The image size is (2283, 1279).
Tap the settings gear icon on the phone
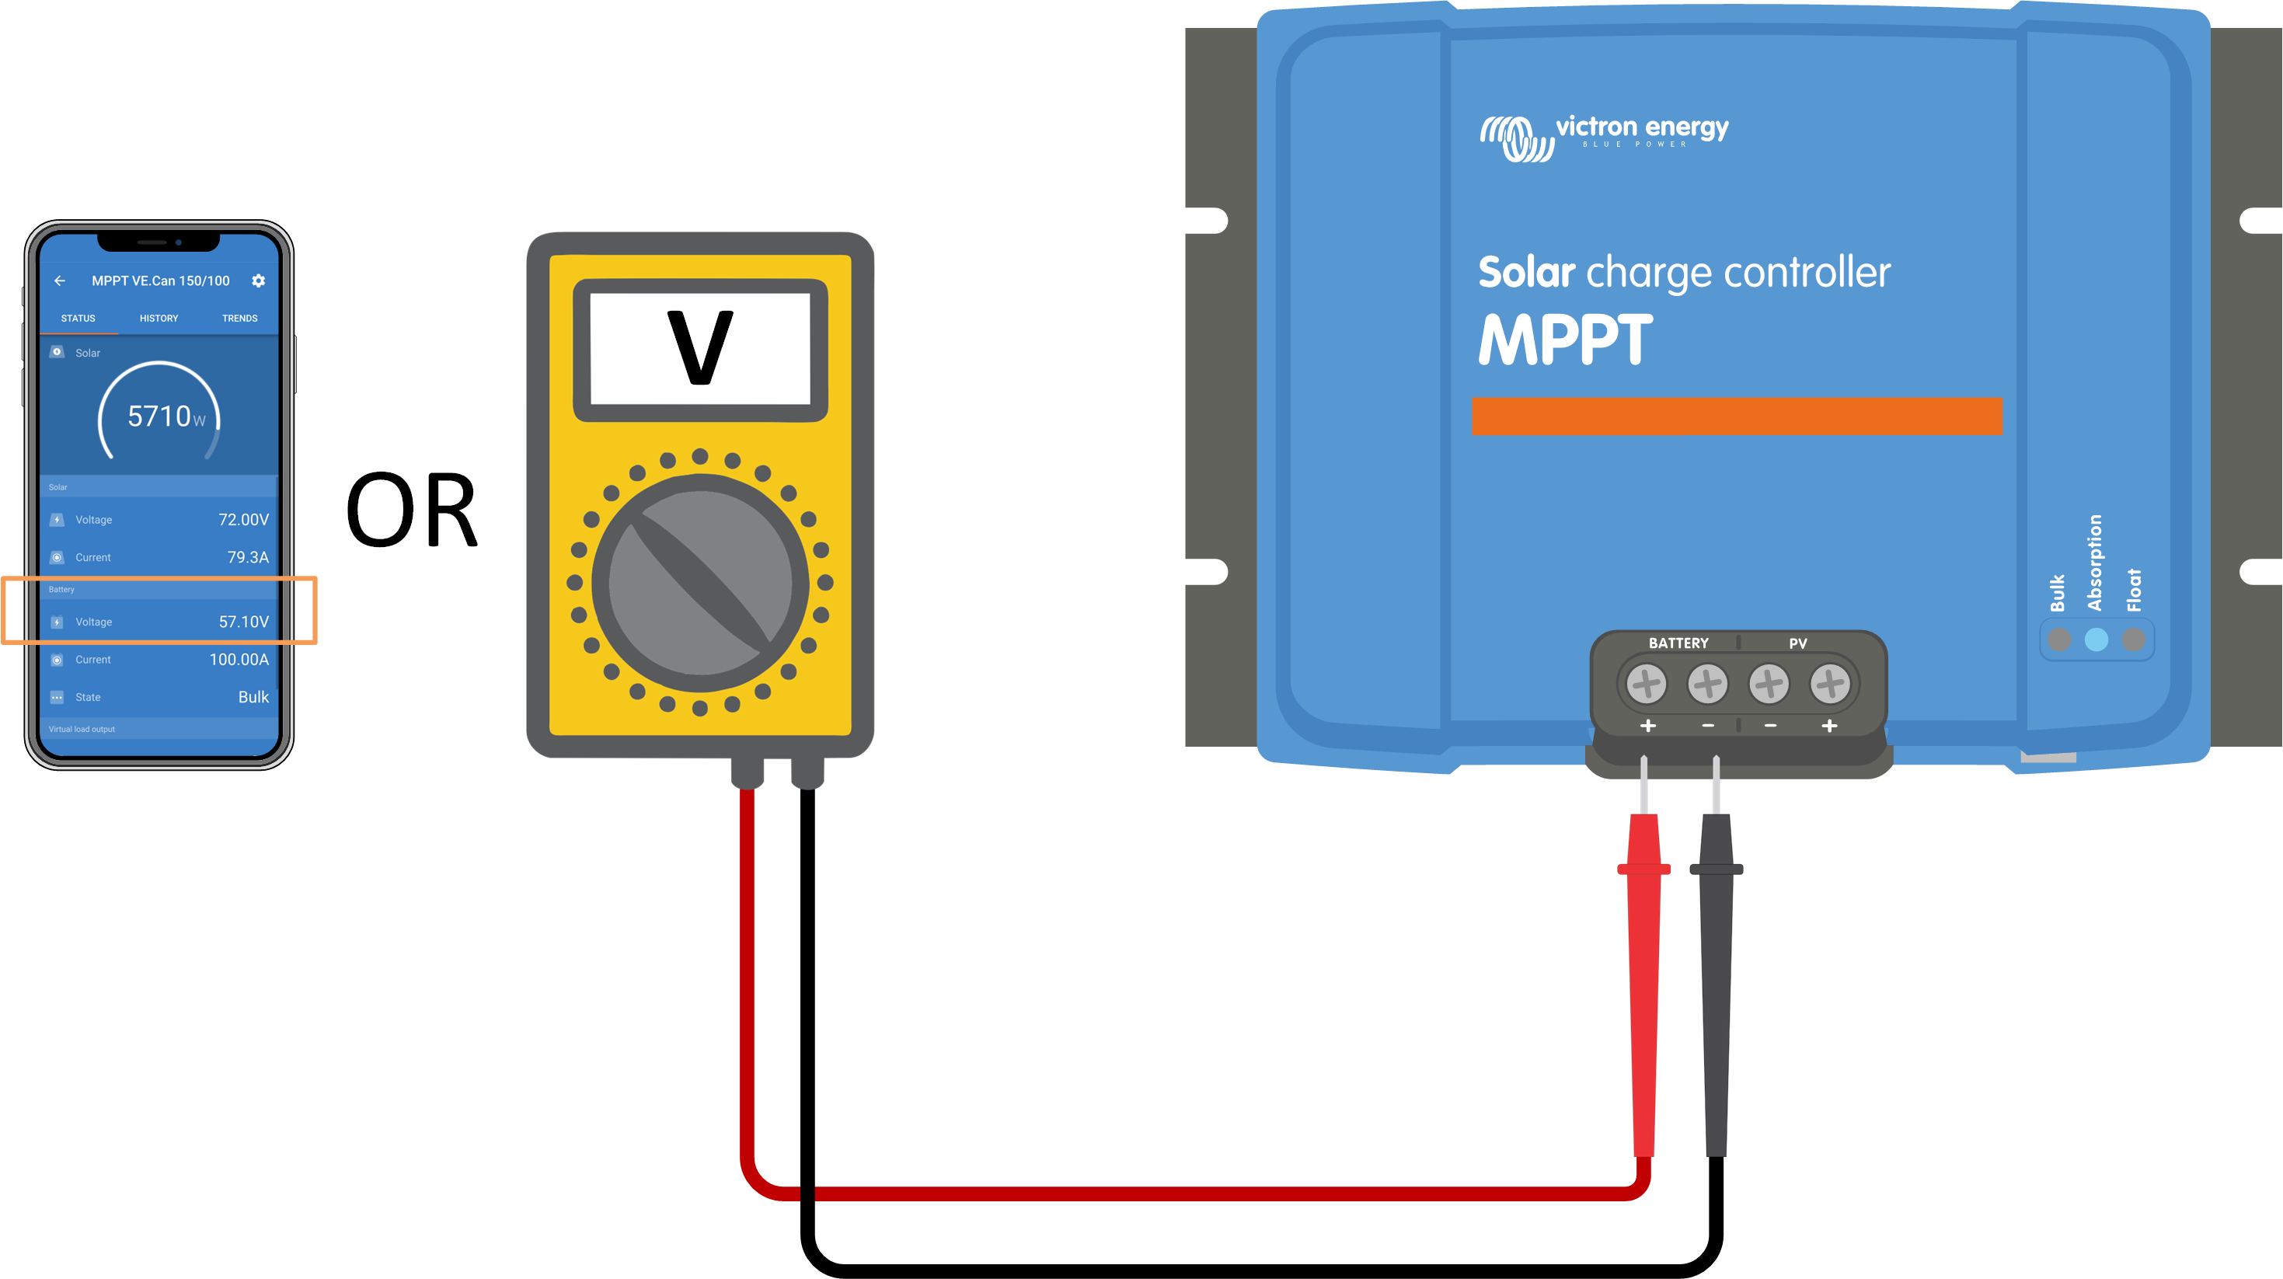tap(258, 281)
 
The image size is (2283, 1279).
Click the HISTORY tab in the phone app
tap(159, 319)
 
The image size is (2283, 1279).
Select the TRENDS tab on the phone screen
tap(239, 319)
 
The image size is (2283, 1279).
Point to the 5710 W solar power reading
tap(165, 416)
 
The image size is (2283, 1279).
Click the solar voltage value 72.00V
tap(243, 519)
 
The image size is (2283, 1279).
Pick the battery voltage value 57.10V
tap(243, 622)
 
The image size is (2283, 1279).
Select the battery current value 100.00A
tap(239, 660)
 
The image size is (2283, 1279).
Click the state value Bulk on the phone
tap(253, 697)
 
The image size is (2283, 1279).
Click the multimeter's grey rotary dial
tap(700, 582)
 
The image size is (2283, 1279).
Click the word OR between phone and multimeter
tap(411, 511)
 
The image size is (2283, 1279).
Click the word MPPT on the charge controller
tap(1565, 340)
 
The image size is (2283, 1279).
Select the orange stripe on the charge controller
tap(1736, 416)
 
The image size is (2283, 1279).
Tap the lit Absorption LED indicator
tap(2096, 639)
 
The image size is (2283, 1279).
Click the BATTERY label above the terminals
tap(1678, 643)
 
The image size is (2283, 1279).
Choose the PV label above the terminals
tap(1797, 643)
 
